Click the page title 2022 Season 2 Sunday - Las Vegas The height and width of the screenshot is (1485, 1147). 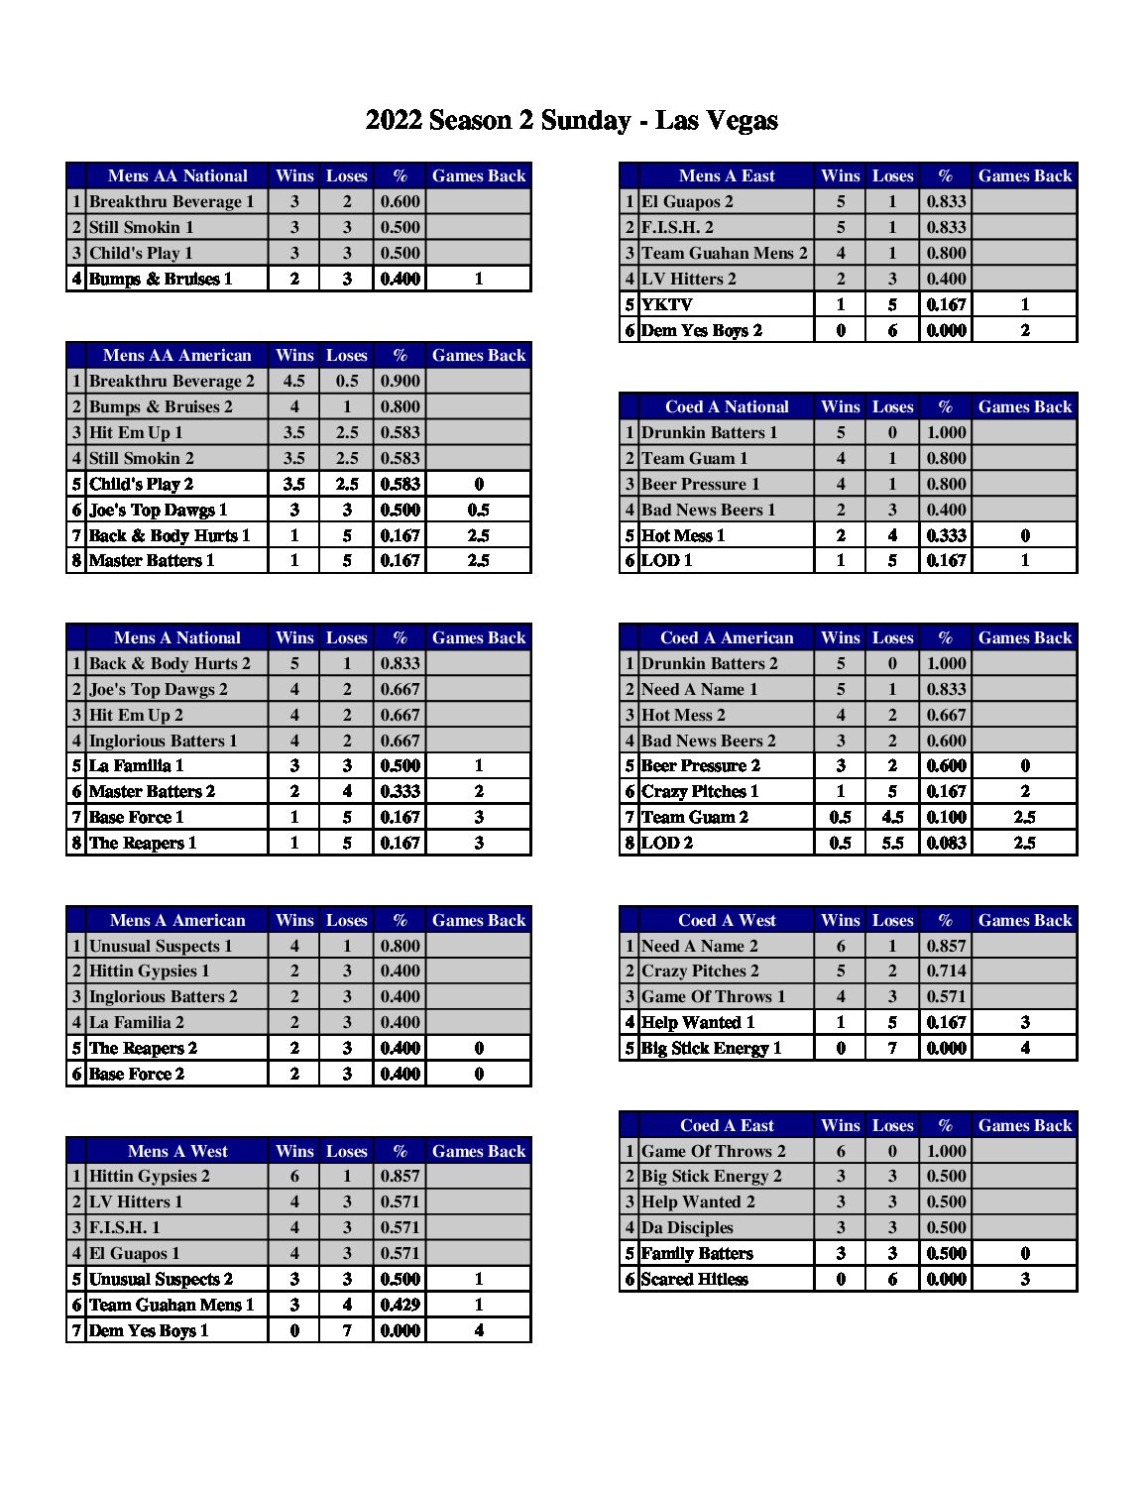(572, 121)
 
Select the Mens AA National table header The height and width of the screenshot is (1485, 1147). (177, 176)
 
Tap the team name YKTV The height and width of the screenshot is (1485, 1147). (667, 304)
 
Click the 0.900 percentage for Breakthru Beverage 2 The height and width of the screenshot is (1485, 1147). (401, 381)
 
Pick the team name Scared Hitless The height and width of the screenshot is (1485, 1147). (695, 1279)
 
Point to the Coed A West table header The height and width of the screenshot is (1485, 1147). (727, 920)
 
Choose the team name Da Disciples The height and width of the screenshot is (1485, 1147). (687, 1227)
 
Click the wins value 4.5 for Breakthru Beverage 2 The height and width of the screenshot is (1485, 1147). (294, 381)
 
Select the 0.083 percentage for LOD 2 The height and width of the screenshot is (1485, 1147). (946, 843)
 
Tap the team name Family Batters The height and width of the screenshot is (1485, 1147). (697, 1253)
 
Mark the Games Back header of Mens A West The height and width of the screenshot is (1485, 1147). (479, 1151)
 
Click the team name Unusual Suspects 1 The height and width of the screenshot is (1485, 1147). (161, 946)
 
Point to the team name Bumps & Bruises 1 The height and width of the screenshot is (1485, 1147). (161, 279)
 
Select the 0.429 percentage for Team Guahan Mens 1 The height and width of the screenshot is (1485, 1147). (401, 1305)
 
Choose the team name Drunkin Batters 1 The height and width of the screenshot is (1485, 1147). (709, 432)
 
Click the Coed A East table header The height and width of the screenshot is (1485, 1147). (727, 1125)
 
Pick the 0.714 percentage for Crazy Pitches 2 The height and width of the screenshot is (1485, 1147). (946, 971)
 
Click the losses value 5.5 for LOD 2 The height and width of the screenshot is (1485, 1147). (892, 843)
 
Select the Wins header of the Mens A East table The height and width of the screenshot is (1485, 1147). (841, 176)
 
